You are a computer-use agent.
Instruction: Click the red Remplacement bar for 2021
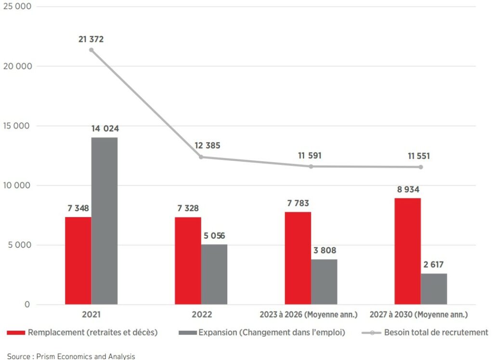pos(78,260)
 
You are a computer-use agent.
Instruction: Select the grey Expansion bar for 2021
pos(104,221)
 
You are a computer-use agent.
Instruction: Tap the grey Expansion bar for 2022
pos(214,274)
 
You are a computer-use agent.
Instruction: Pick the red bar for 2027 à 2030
pos(407,251)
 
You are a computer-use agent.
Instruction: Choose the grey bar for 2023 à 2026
pos(324,282)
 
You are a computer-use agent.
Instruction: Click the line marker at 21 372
pos(91,50)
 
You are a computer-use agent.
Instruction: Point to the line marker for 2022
pos(201,157)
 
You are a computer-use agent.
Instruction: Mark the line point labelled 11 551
pos(420,167)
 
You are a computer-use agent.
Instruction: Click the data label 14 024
pos(105,129)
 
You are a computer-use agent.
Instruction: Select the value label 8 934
pos(407,189)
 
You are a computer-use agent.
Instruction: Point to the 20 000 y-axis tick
pos(17,66)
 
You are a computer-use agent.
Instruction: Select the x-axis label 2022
pos(201,315)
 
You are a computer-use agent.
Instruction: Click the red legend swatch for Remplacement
pos(16,333)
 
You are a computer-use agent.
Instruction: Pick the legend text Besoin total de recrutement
pos(436,332)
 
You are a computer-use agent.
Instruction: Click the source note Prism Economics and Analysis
pos(71,356)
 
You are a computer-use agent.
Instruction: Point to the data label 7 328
pos(187,208)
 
